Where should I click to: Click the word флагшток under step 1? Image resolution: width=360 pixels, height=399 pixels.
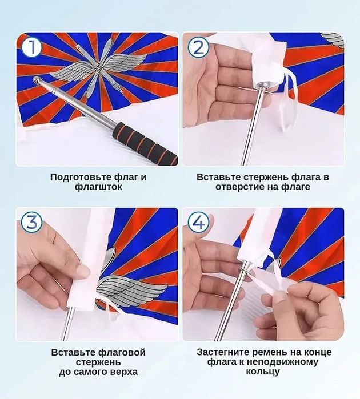tap(98, 187)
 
